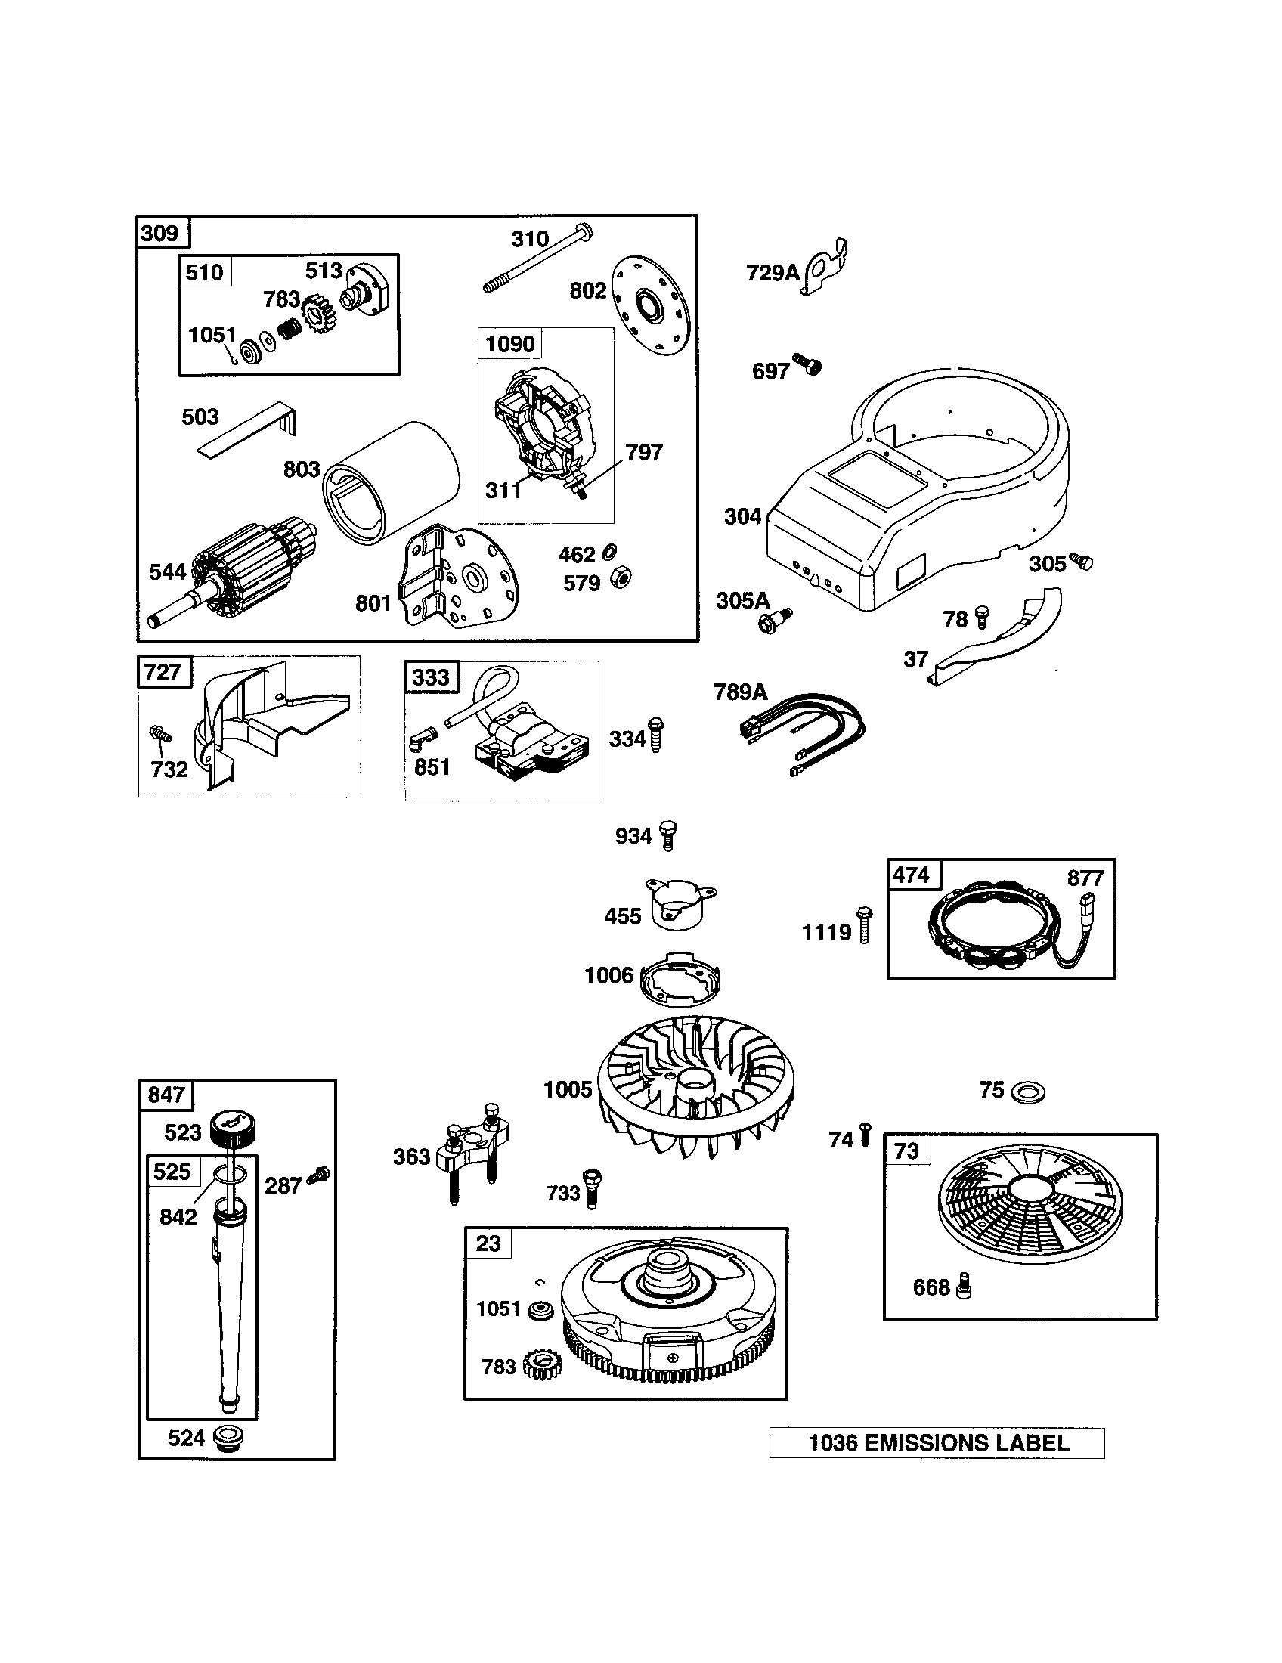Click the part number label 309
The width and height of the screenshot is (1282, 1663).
tap(159, 233)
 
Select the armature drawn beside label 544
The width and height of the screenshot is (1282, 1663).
tap(243, 567)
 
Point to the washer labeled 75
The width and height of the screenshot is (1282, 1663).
tap(1029, 1093)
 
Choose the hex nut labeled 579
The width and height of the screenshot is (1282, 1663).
tap(621, 580)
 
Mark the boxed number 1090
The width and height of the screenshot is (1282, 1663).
tap(509, 344)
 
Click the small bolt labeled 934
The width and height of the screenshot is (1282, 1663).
tap(667, 835)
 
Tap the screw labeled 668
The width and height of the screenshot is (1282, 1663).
tap(965, 1286)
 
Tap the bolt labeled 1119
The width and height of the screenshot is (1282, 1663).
tap(863, 924)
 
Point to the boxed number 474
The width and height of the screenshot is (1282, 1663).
tap(911, 875)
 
